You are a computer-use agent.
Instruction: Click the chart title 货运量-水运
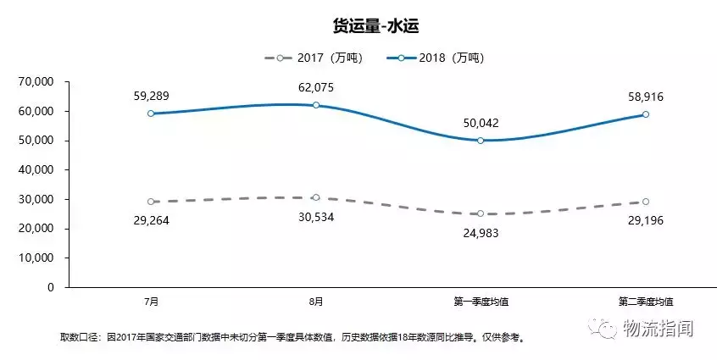point(358,26)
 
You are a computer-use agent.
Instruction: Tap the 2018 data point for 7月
point(152,114)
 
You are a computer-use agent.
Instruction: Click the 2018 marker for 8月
point(316,105)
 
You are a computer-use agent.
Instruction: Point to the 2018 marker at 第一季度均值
point(481,141)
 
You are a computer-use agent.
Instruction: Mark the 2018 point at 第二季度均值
point(645,114)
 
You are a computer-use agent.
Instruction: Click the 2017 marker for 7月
point(152,202)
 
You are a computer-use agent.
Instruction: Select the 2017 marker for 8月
point(316,197)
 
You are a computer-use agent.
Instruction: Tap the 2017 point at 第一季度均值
point(481,213)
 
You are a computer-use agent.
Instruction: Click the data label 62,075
point(316,88)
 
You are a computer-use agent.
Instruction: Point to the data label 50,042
point(481,124)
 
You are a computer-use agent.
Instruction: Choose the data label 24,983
point(481,231)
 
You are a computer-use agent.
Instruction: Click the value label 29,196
point(646,219)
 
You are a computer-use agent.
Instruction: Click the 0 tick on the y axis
point(51,287)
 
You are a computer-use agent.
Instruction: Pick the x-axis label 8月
point(316,302)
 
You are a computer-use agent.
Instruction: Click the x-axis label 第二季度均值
point(646,302)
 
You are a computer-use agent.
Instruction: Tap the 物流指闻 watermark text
point(658,329)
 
